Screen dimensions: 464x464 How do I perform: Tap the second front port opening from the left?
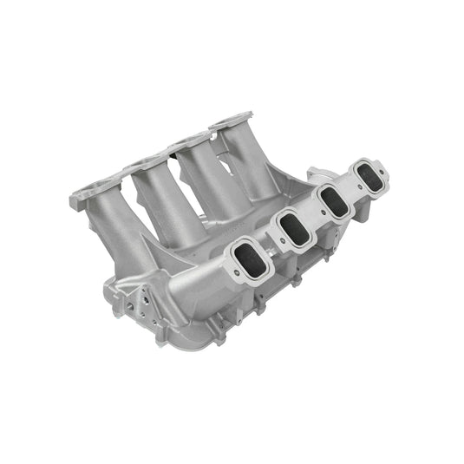(x=294, y=228)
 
